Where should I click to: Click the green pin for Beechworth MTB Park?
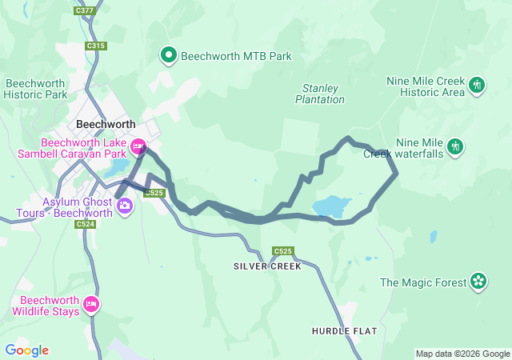coord(169,55)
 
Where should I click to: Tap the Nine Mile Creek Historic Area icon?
coord(477,84)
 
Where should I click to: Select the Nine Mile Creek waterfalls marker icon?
coord(455,146)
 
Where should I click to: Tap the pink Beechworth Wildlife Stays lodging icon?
coord(91,304)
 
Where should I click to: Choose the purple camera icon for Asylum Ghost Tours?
coord(124,206)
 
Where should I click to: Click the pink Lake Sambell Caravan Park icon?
coord(138,146)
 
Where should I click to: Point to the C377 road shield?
coord(84,10)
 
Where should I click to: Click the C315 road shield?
coord(95,46)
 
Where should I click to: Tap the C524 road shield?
coord(86,224)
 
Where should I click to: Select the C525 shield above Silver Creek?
coord(282,251)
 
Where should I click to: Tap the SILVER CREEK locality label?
coord(267,266)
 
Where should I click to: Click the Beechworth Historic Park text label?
coord(36,88)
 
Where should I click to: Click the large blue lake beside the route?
coord(331,206)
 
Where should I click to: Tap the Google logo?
coord(26,350)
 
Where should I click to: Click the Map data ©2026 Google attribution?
coord(462,354)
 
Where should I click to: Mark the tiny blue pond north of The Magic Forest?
coord(433,236)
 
